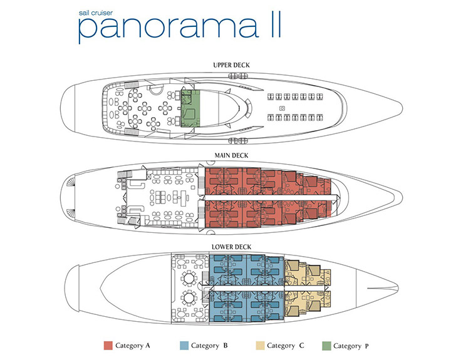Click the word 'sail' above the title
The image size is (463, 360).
(84, 13)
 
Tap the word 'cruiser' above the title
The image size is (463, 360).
(102, 13)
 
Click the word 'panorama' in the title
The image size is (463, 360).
(168, 28)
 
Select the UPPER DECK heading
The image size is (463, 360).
(232, 65)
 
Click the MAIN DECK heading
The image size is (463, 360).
(232, 155)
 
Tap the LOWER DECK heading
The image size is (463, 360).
(232, 247)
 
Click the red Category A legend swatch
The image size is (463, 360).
(108, 346)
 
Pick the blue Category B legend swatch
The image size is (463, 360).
(184, 346)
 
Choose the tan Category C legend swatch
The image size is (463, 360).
(260, 346)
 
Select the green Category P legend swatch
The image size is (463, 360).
(326, 346)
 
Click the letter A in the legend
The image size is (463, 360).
(148, 346)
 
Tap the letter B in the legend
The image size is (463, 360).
(226, 346)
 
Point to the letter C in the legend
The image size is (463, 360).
(301, 346)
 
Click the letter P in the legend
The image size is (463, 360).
(367, 346)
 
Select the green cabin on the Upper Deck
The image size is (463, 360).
(190, 108)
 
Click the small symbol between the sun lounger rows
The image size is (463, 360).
(282, 108)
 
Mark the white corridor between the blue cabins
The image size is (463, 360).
(247, 288)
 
